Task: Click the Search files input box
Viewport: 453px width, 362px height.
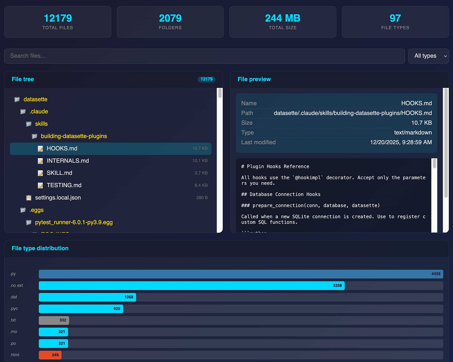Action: coord(204,56)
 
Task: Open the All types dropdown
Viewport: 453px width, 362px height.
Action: coord(428,56)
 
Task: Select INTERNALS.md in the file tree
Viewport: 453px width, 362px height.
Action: coord(68,161)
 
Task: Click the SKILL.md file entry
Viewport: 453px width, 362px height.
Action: coord(59,173)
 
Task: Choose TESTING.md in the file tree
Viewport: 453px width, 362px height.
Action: coord(64,185)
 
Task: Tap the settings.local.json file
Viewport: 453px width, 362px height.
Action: coord(58,198)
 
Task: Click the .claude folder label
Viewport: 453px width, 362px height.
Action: coord(39,112)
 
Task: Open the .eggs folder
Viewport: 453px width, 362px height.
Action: coord(36,210)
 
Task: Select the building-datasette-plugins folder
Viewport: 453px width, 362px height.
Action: coord(74,136)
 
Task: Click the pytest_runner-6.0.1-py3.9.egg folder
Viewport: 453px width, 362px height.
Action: coord(74,222)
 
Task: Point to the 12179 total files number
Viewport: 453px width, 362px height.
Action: coord(58,18)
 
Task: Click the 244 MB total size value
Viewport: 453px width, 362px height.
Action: coord(283,18)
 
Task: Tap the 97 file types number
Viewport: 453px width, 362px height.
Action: coord(395,18)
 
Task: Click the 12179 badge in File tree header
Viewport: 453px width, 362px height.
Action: coord(207,79)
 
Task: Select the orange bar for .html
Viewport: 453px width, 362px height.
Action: coord(50,355)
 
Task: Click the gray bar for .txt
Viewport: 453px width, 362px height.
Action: coord(54,320)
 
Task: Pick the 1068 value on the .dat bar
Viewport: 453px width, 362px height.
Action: coord(129,297)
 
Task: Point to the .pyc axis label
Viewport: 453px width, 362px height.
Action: coord(14,309)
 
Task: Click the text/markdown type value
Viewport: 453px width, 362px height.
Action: coord(413,132)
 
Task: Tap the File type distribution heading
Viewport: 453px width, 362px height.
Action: coord(40,248)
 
